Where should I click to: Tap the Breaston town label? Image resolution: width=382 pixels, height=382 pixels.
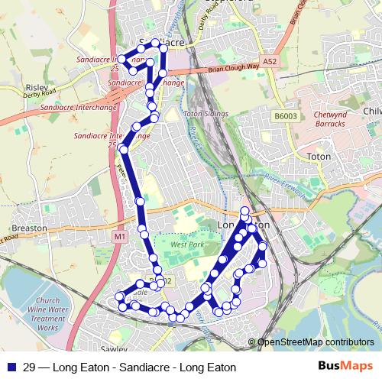(29, 228)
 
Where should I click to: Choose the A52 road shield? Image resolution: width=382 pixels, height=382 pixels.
(268, 60)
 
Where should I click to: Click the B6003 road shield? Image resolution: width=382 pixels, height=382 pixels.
(285, 116)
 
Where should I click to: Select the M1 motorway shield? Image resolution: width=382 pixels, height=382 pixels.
(118, 237)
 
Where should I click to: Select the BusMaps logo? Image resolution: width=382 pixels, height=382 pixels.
(351, 367)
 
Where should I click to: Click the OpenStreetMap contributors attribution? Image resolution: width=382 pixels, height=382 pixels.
(316, 342)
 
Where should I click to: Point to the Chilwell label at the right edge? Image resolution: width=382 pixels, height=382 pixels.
(372, 112)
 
